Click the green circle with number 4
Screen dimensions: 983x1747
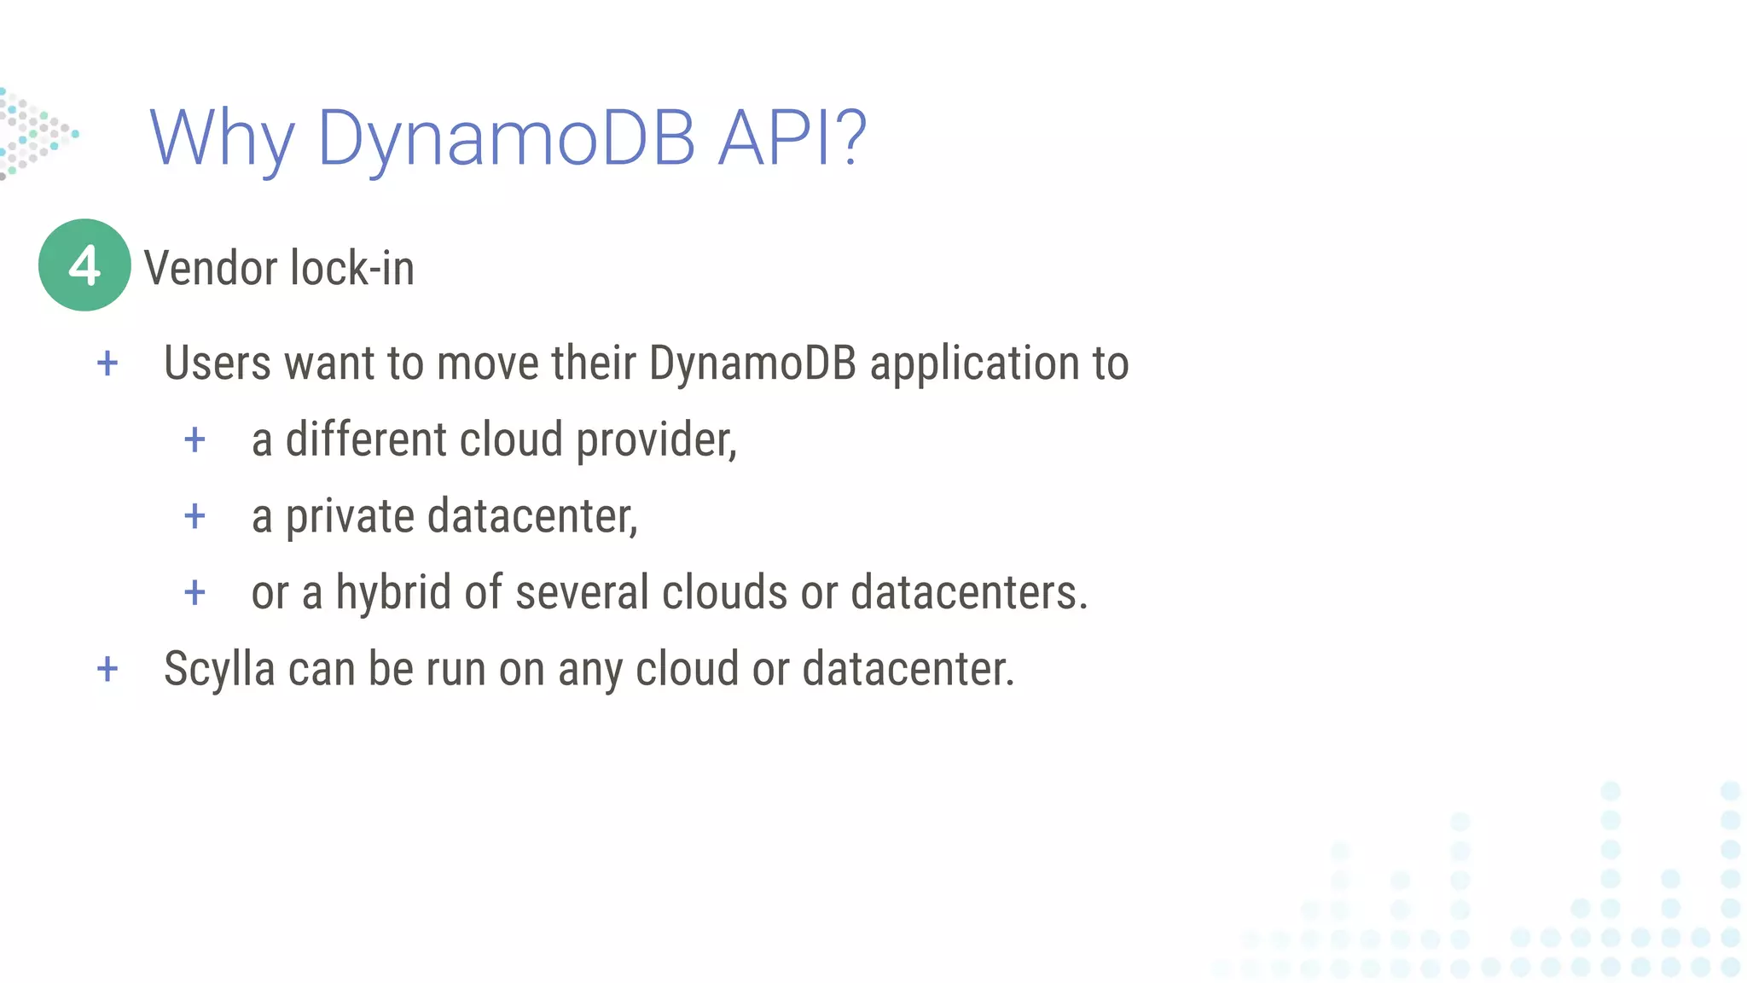tap(84, 265)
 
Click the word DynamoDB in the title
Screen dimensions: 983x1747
tap(506, 139)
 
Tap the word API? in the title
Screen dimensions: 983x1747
tap(792, 137)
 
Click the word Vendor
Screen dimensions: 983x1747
tap(210, 269)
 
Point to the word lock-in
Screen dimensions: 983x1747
tap(351, 269)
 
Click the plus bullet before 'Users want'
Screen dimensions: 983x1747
tap(107, 364)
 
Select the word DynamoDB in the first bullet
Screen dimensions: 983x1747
tap(752, 363)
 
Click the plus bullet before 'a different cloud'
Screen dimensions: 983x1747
tap(195, 440)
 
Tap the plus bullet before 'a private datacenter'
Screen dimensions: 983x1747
tap(195, 516)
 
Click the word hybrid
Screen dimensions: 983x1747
tap(393, 593)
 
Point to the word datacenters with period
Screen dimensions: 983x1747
tap(969, 593)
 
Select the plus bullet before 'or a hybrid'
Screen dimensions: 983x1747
tap(195, 593)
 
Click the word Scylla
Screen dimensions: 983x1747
tap(219, 670)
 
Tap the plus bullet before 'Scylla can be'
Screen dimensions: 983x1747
tap(107, 669)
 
